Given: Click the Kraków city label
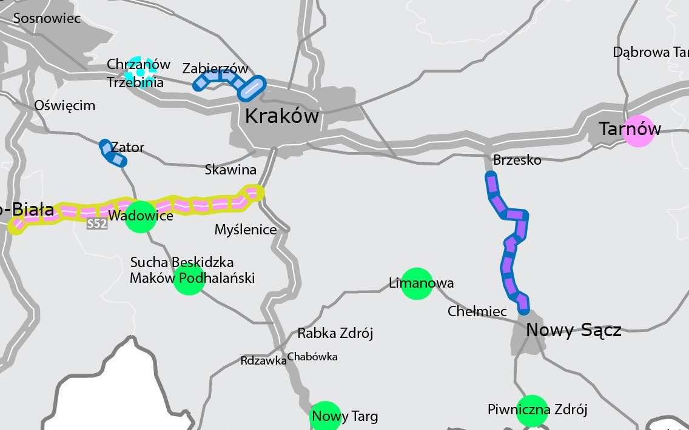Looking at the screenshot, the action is point(281,116).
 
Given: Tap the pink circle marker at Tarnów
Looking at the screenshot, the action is point(639,131).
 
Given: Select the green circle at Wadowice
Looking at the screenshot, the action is point(141,217).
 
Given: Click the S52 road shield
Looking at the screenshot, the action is point(97,224).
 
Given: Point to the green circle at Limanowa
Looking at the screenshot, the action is point(417,283).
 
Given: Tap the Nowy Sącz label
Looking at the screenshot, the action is point(573,330).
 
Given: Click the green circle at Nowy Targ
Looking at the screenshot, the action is point(326,415).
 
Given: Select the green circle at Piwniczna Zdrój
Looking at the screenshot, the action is point(532,411).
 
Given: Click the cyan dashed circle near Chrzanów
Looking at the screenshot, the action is point(141,71).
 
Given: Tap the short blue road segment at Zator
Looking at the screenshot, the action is point(112,153).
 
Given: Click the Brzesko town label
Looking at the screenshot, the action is point(517,160).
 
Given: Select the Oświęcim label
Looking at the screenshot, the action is point(65,105).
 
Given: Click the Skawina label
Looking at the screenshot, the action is point(230,170).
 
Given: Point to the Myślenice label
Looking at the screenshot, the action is point(246,230).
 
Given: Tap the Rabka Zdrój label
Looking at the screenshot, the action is point(335,333).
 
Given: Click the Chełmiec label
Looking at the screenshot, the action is point(477,311).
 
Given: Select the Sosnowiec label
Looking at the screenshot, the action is point(47,18).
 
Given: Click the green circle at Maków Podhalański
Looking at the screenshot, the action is point(189,279).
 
